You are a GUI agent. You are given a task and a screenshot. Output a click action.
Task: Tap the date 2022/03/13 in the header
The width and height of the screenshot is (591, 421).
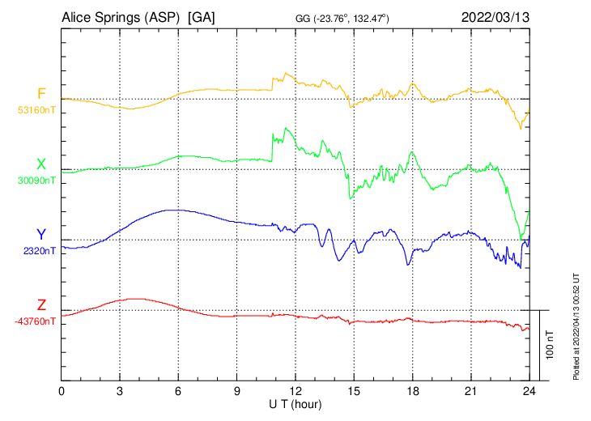point(495,16)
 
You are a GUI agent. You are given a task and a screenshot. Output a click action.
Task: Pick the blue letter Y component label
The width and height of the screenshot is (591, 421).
point(41,235)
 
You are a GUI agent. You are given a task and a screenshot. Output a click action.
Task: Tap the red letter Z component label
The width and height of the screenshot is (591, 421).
point(41,305)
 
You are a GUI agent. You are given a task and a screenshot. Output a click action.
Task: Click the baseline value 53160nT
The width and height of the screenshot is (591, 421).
point(37,109)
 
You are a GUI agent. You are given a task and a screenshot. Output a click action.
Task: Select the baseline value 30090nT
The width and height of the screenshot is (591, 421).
point(37,181)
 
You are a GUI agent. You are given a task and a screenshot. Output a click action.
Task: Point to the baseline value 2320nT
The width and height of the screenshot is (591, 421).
point(40,251)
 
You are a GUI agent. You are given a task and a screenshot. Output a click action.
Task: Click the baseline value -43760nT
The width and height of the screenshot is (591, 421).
point(36,321)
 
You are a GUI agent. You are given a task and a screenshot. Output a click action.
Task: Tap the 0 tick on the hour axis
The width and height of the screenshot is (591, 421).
point(62,391)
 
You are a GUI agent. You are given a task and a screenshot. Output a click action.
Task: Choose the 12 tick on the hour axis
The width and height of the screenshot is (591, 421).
point(295,391)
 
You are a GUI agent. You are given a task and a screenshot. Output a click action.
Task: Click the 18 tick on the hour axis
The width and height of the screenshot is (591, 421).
point(412,391)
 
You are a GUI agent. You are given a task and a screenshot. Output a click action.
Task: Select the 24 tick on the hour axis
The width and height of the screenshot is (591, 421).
point(529,391)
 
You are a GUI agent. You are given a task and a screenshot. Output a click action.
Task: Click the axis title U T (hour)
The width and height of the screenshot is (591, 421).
point(295,403)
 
